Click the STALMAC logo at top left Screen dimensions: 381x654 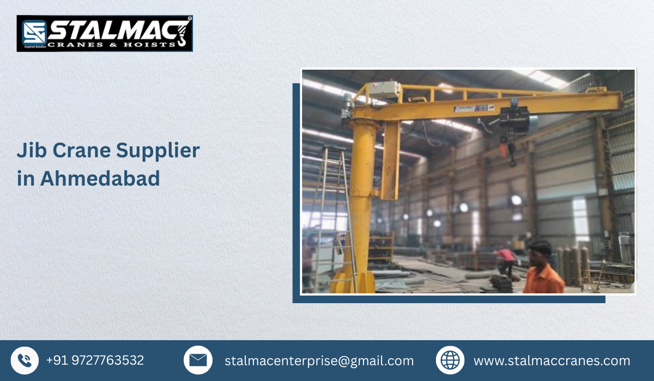point(104,33)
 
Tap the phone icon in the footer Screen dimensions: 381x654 point(25,360)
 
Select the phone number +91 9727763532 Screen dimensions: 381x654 point(95,360)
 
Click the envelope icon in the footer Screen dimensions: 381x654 point(198,360)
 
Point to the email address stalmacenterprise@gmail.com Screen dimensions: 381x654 point(319,361)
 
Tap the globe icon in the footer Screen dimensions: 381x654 point(450,360)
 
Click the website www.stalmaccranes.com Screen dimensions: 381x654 point(552,361)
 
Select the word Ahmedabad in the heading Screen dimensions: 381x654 point(100,179)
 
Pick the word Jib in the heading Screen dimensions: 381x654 point(31,151)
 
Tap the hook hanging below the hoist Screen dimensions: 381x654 point(512,158)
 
